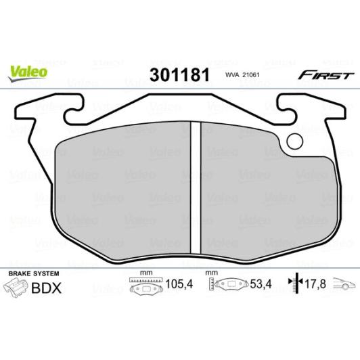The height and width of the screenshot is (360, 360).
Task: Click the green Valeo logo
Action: coord(28,69)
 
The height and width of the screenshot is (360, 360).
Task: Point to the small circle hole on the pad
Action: coord(295,141)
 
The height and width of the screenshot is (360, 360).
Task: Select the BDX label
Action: coord(47,288)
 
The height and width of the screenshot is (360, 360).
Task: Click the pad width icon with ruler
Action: coord(141,286)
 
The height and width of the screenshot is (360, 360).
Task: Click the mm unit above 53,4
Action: coord(211,273)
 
